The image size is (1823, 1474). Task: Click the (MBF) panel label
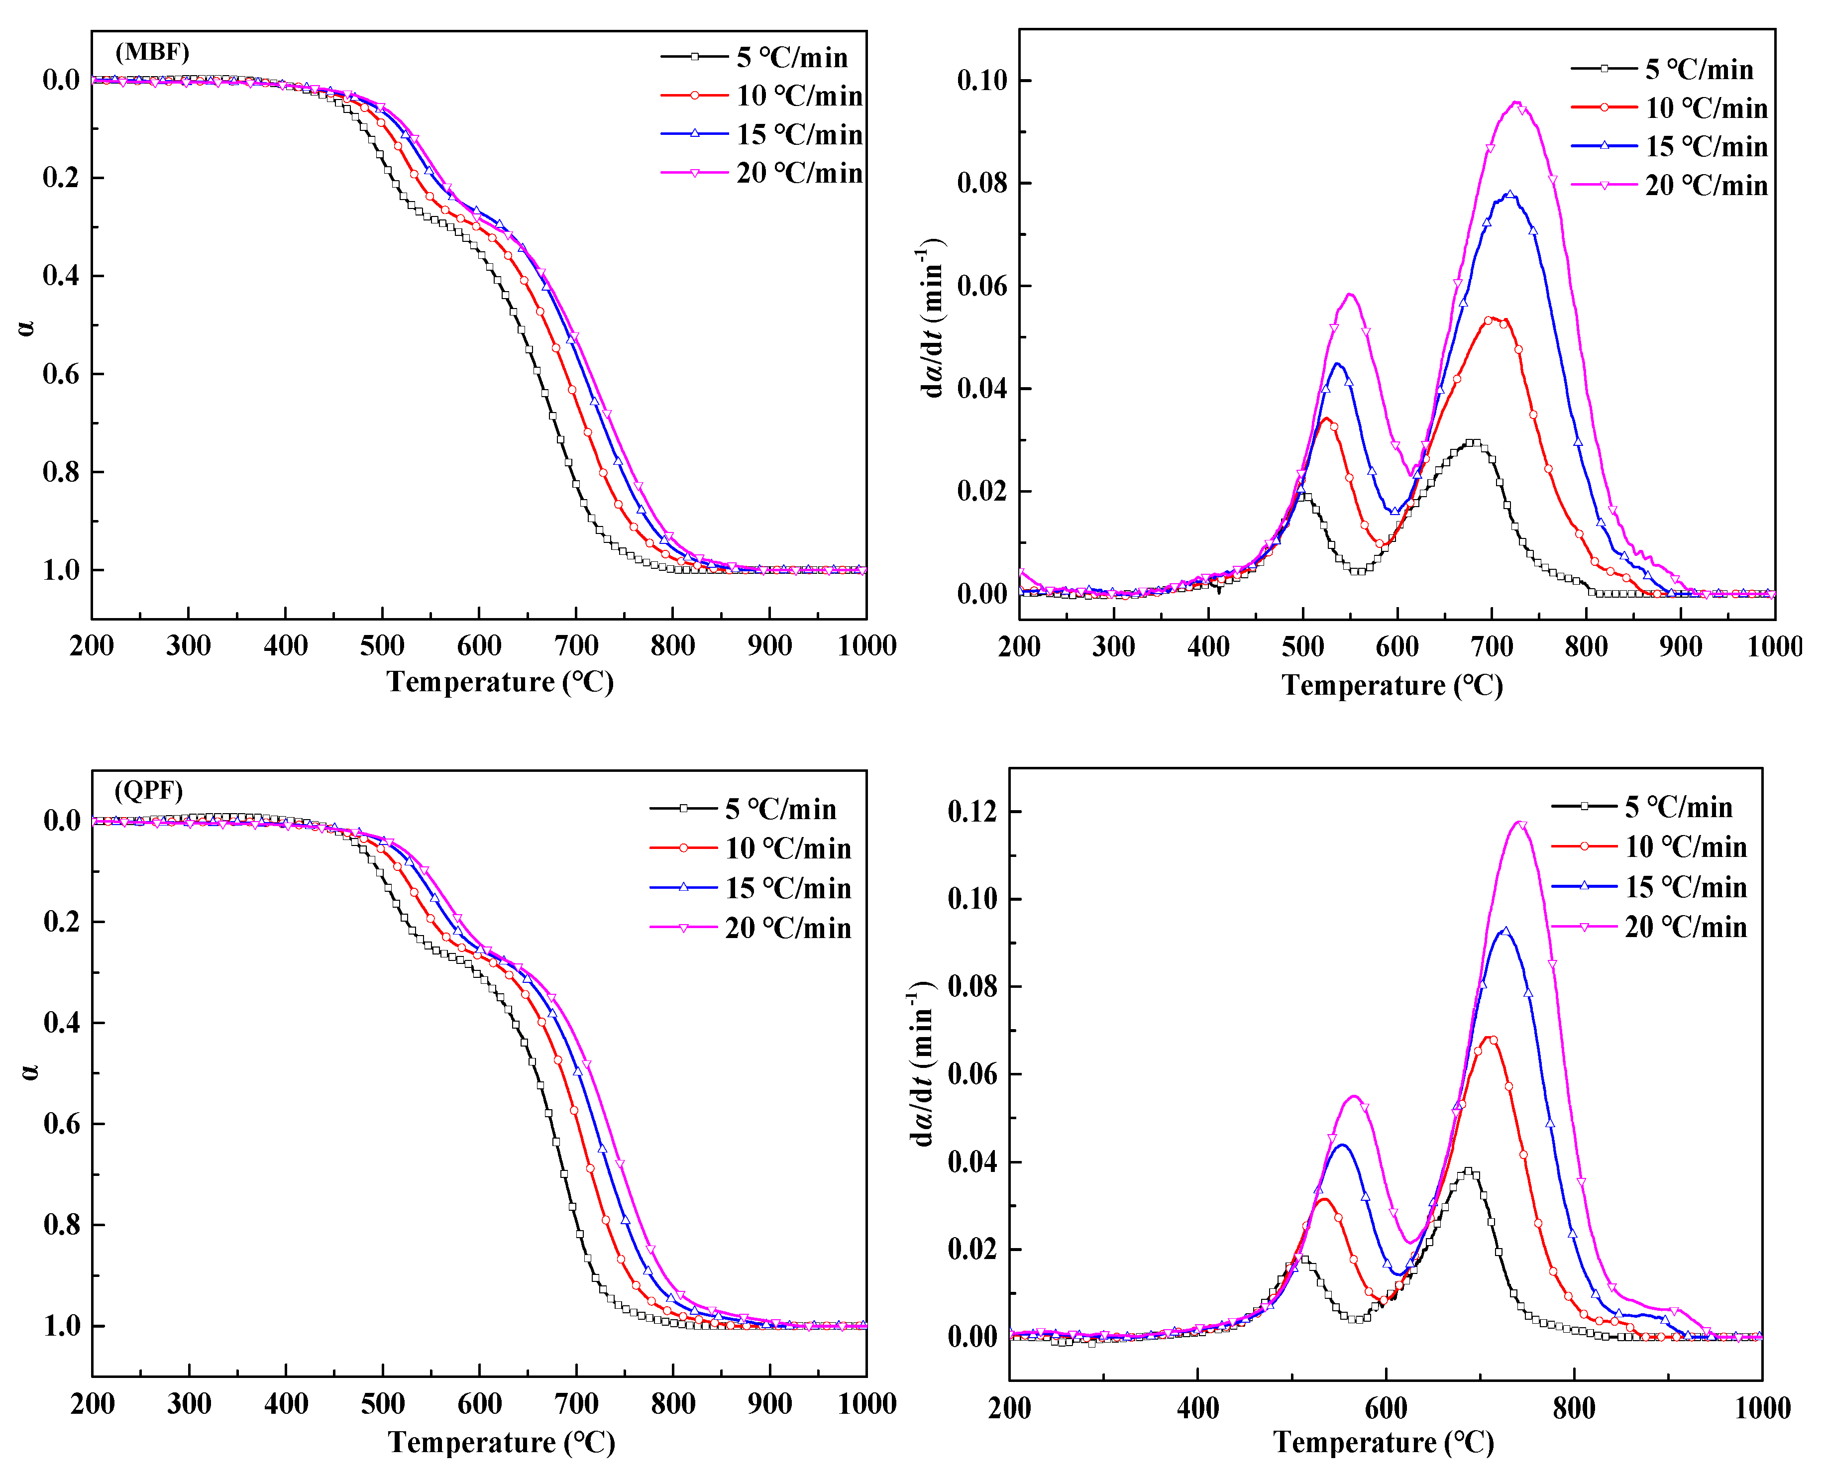(x=152, y=53)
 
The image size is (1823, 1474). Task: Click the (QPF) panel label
(x=149, y=791)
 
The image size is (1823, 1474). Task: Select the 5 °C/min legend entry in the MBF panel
(x=791, y=58)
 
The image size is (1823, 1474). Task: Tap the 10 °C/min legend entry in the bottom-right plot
(x=1686, y=846)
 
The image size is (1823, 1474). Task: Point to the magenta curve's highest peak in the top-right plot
(x=1515, y=103)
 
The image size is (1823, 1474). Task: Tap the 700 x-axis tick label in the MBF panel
(x=576, y=645)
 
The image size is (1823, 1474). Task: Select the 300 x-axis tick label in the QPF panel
(x=189, y=1403)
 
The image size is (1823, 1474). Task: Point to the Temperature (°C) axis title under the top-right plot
(x=1393, y=685)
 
